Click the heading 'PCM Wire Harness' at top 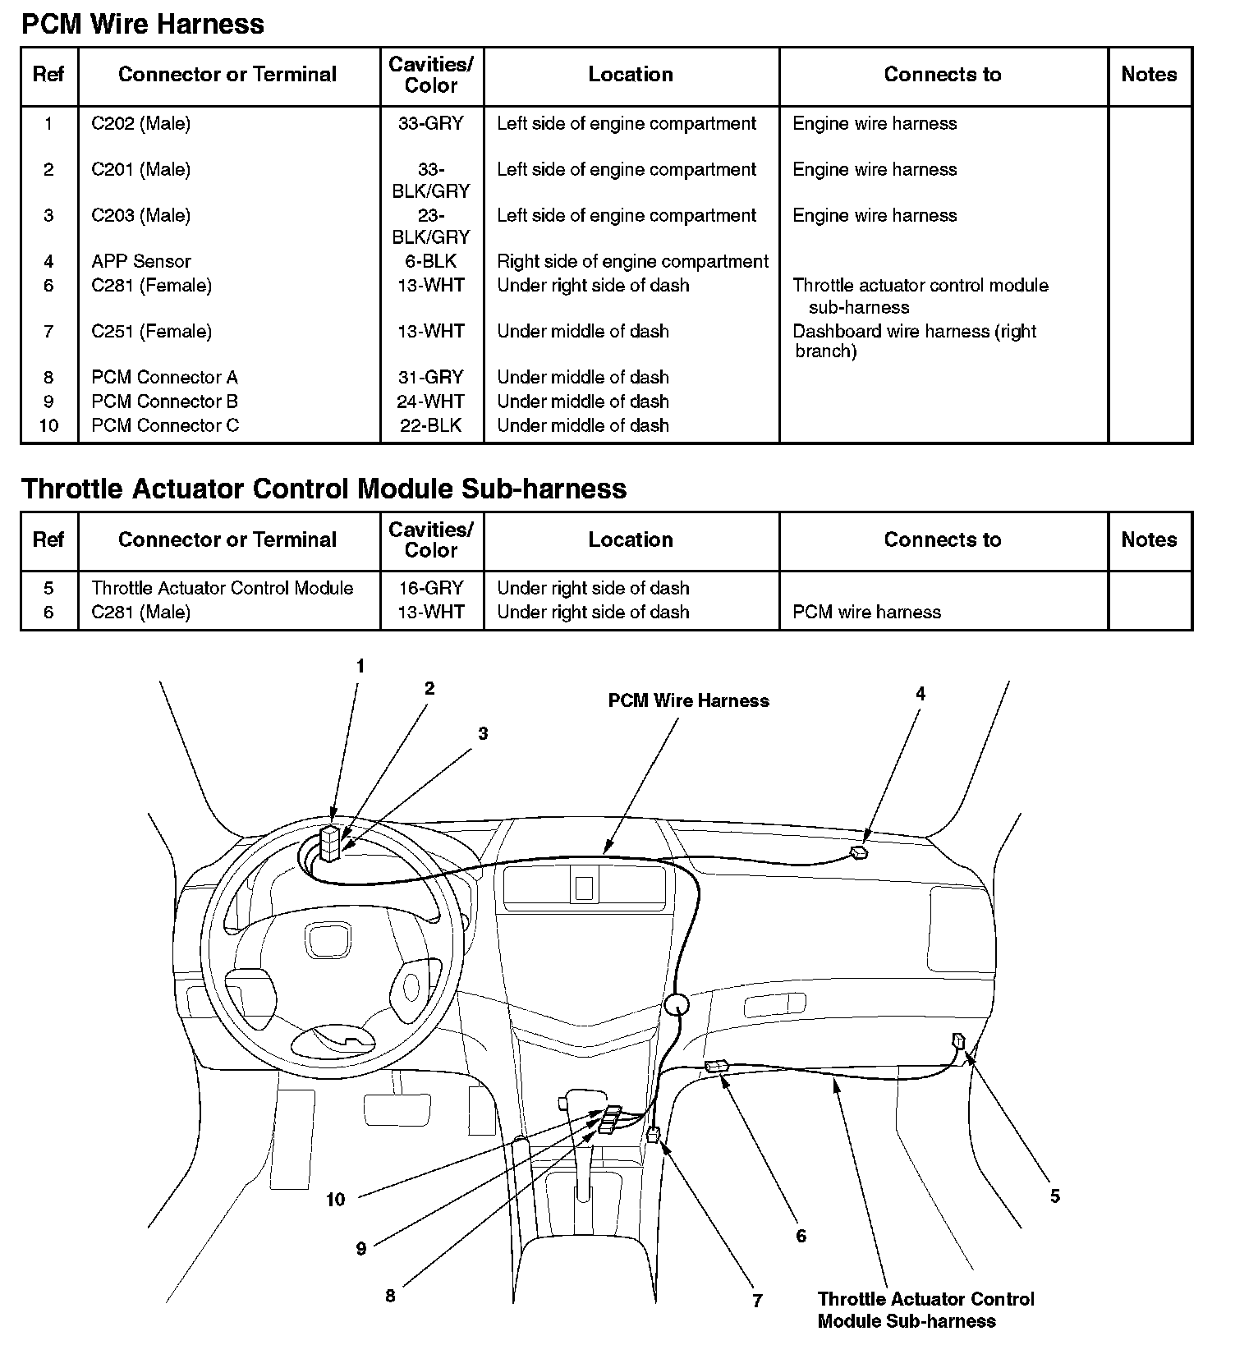[x=142, y=24]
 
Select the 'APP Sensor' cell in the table [x=140, y=261]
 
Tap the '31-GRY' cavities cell [x=431, y=377]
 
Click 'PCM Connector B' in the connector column [x=164, y=402]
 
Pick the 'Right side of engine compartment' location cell [x=632, y=261]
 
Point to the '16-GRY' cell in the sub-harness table [x=431, y=588]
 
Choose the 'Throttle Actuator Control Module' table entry [x=222, y=588]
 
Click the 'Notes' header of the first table [x=1149, y=75]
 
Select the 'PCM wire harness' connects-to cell [x=866, y=612]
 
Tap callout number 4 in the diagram [x=921, y=694]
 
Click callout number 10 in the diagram [x=335, y=1200]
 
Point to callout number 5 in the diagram [x=1055, y=1196]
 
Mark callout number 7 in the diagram [x=757, y=1301]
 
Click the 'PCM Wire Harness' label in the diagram [x=688, y=700]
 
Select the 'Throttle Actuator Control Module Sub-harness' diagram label [x=925, y=1310]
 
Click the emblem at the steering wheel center [x=329, y=939]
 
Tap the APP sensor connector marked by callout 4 [x=859, y=852]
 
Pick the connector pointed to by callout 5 [x=958, y=1041]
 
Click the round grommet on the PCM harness [x=677, y=1004]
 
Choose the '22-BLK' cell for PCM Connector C [x=431, y=425]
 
